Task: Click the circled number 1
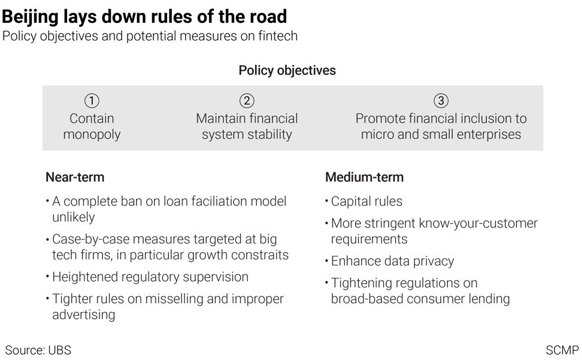pyautogui.click(x=92, y=101)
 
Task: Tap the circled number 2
pyautogui.click(x=247, y=101)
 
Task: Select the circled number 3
pyautogui.click(x=441, y=101)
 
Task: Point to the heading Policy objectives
pyautogui.click(x=287, y=71)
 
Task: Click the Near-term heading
pyautogui.click(x=75, y=177)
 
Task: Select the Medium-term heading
pyautogui.click(x=365, y=177)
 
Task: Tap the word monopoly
pyautogui.click(x=92, y=135)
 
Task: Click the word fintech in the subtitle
pyautogui.click(x=278, y=36)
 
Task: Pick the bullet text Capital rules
pyautogui.click(x=366, y=201)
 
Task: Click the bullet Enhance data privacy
pyautogui.click(x=393, y=261)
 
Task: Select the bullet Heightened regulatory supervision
pyautogui.click(x=150, y=277)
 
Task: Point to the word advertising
pyautogui.click(x=83, y=314)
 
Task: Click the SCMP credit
pyautogui.click(x=562, y=350)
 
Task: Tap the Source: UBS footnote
pyautogui.click(x=38, y=350)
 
